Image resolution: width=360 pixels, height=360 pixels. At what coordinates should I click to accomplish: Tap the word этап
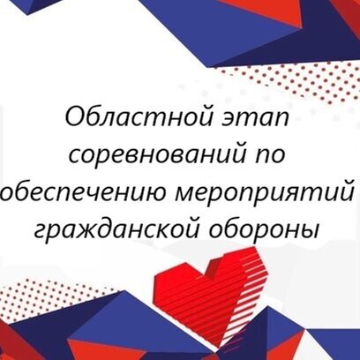pos(255,118)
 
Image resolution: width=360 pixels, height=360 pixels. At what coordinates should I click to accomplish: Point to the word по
pos(271,156)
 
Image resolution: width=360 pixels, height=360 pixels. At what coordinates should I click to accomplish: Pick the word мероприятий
pos(264,193)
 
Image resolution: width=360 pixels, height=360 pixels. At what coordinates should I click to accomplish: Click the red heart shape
pos(211,294)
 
